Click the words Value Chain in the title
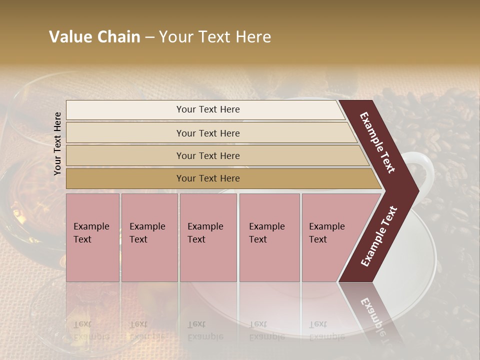coord(94,37)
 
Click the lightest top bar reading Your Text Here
coord(207,109)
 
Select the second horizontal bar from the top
coord(207,133)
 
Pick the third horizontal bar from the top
coord(207,155)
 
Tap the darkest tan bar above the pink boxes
coord(207,178)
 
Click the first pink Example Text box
coord(92,237)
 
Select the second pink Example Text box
coord(149,237)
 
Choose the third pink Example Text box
coord(208,237)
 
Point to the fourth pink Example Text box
coord(269,237)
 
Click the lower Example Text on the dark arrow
coord(378,236)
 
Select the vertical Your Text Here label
coord(57,143)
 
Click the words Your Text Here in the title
coord(215,37)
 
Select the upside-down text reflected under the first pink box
coord(91,330)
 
